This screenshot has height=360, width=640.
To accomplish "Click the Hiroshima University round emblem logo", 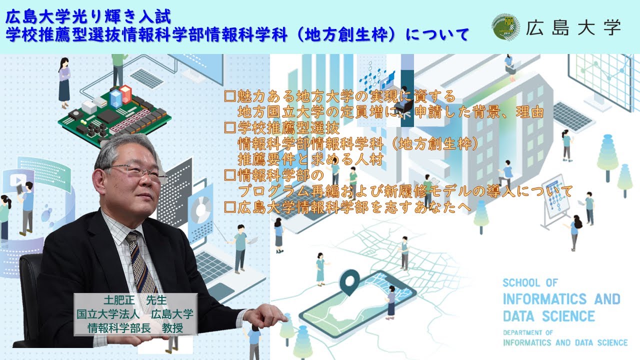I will [x=506, y=27].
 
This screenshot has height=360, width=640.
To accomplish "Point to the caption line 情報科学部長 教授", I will [x=135, y=328].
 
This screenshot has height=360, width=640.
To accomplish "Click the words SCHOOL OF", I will [x=529, y=283].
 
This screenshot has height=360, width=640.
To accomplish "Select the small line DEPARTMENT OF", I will [x=527, y=332].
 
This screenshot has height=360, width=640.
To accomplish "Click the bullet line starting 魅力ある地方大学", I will [x=340, y=95].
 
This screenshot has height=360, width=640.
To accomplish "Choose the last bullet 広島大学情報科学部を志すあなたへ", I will [x=347, y=207].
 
